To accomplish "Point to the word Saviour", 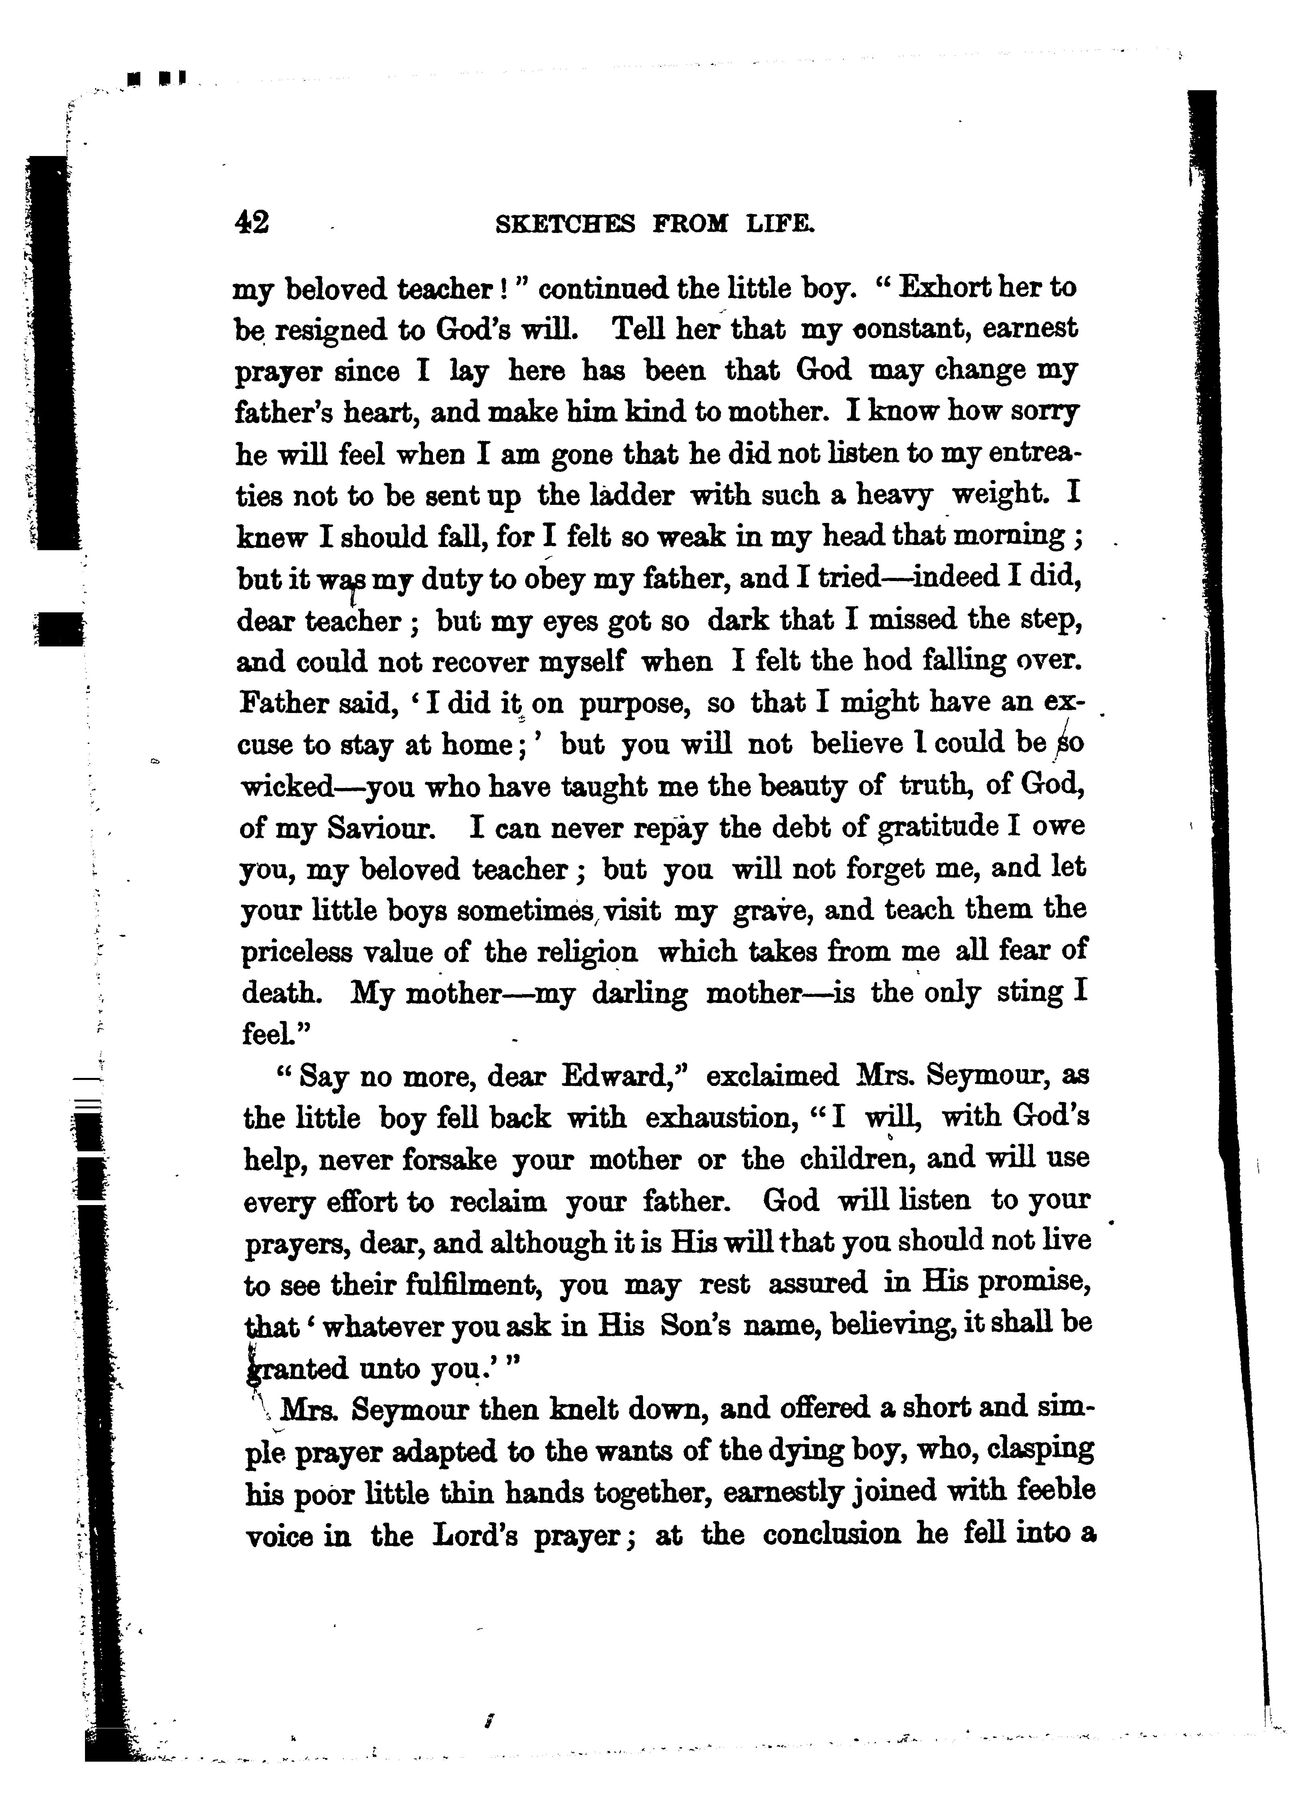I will click(382, 828).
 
